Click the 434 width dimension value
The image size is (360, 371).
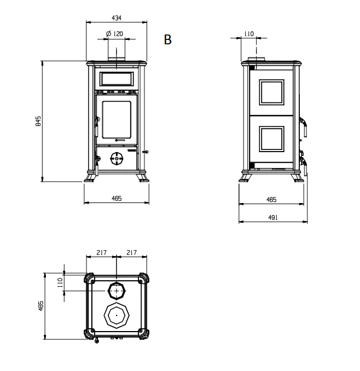pos(117,18)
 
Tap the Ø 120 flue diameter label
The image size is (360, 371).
pos(115,33)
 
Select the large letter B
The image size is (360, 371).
pos(168,39)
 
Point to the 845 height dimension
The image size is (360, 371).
pos(38,121)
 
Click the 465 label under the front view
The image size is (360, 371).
pos(117,198)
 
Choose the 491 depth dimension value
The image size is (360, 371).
pos(273,217)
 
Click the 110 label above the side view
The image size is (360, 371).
pos(248,34)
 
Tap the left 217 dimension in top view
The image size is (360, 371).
pos(101,253)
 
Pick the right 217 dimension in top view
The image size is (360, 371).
pos(131,253)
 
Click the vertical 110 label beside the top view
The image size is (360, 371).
pos(60,282)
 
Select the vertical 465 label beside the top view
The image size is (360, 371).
pos(40,306)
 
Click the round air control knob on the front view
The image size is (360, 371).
pos(117,158)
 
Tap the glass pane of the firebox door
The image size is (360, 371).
pos(117,120)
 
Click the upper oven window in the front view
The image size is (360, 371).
pos(117,79)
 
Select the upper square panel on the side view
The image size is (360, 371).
pos(271,92)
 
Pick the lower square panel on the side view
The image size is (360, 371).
pos(271,139)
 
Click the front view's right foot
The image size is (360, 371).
pos(143,178)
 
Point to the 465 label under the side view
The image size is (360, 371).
pos(271,200)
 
